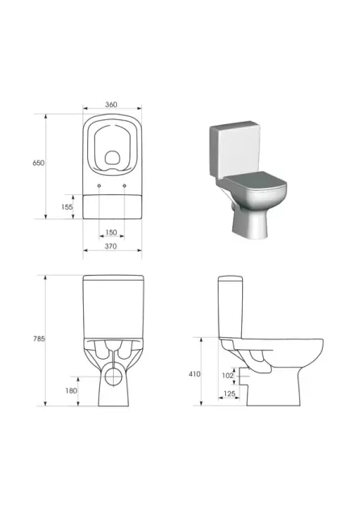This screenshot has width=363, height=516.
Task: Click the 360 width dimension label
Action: tap(111, 104)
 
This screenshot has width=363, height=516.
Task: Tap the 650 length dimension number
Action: tap(38, 163)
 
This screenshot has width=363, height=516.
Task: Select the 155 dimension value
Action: tap(67, 207)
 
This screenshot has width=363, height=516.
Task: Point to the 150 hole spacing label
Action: tap(111, 232)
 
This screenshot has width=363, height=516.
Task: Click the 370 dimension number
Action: tap(111, 246)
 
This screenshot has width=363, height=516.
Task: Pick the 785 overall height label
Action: tap(39, 339)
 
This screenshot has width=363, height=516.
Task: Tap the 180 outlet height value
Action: tap(71, 390)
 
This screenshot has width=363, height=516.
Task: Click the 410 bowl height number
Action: tap(194, 374)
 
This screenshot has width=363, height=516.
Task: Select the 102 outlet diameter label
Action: tap(227, 376)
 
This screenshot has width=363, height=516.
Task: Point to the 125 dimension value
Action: tap(229, 393)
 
